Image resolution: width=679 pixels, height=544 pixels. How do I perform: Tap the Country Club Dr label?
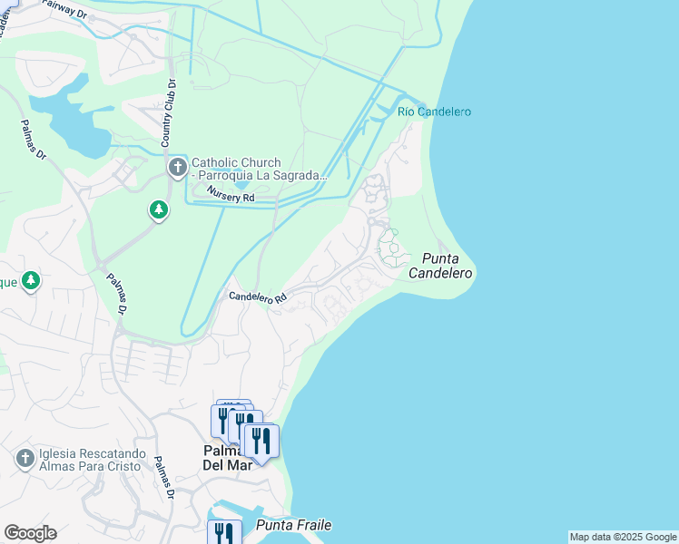coord(168,112)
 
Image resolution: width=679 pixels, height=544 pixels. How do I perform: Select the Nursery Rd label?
coord(231,193)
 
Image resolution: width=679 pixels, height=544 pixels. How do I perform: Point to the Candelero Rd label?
coord(257,296)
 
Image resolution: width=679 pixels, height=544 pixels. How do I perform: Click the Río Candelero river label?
coord(434,112)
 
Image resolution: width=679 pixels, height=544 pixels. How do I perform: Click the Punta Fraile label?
coord(293,525)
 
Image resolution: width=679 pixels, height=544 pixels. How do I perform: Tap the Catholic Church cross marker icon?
coord(177,168)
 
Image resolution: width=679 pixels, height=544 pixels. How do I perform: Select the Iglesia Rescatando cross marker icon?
coord(25,459)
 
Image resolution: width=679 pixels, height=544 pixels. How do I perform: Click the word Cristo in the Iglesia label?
coord(121,466)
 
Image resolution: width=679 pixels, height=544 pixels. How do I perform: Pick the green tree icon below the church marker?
coord(159,210)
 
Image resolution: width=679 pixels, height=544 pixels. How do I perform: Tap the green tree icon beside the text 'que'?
coord(31,280)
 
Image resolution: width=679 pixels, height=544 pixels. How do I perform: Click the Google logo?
coord(30,533)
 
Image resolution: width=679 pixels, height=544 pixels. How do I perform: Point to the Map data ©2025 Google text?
coord(623,537)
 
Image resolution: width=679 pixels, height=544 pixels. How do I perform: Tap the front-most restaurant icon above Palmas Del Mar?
coord(261,442)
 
